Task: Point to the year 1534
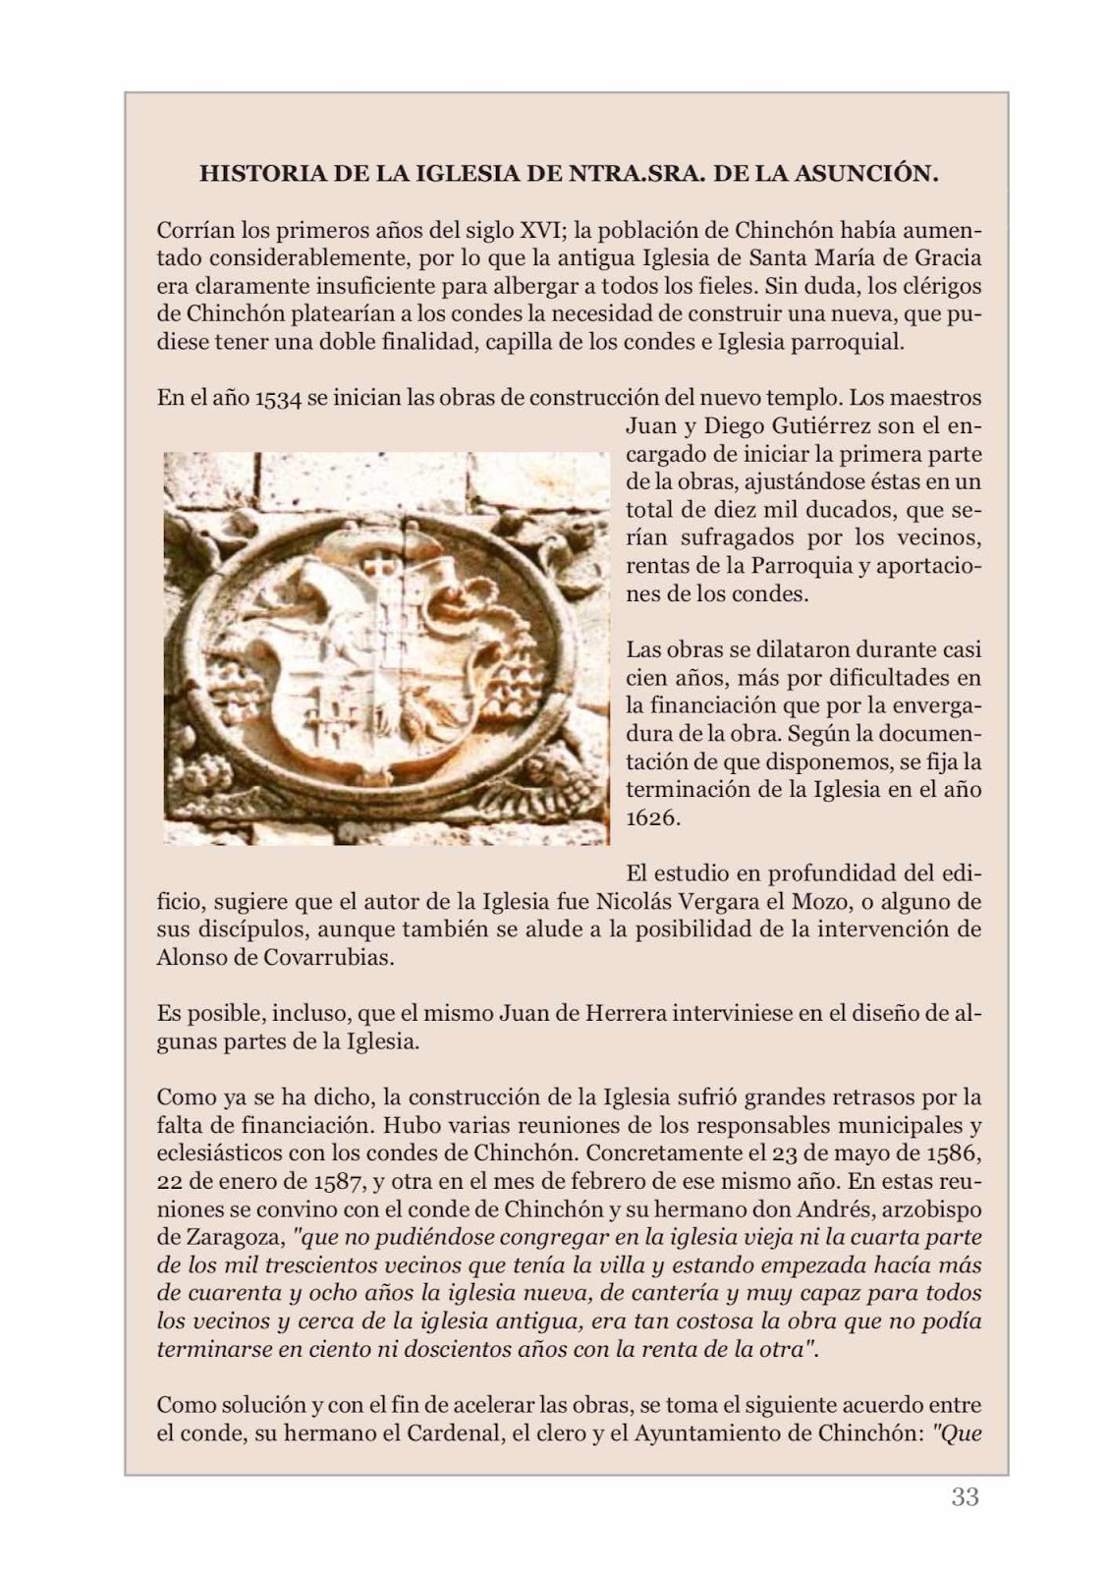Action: coord(277,400)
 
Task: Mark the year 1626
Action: coord(652,817)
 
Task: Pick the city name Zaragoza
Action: coord(233,1237)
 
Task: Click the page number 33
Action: coord(965,1497)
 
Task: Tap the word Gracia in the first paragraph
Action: coord(947,259)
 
